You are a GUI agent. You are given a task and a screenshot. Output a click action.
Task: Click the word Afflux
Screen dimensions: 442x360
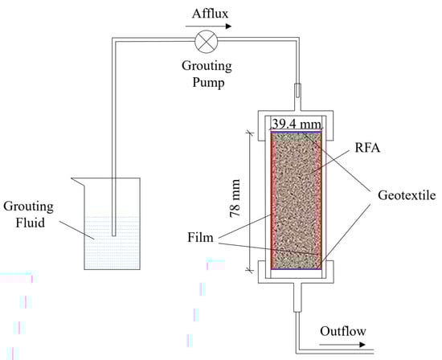210,13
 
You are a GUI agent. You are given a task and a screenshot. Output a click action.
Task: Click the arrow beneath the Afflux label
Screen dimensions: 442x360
208,27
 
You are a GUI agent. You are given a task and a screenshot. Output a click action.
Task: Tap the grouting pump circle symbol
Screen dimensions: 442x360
207,42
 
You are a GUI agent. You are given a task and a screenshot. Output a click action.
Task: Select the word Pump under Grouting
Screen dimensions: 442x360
208,83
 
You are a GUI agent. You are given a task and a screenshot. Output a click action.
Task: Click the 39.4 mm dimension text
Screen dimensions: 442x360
297,124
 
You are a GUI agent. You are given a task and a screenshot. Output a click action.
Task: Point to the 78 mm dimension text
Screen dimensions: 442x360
235,198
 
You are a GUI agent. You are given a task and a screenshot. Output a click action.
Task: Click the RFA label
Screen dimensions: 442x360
367,148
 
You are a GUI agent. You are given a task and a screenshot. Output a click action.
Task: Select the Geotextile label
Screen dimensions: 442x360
407,195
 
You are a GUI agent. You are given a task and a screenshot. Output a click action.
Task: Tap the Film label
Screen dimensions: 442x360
200,237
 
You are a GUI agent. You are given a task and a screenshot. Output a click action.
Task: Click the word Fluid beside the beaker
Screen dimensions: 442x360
31,223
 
